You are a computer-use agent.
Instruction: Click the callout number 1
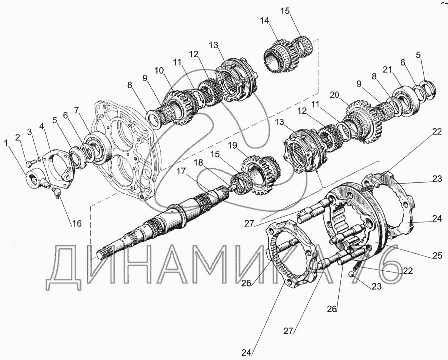click(x=7, y=143)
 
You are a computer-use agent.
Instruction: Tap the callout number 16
click(x=77, y=223)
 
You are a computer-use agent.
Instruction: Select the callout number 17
click(x=181, y=171)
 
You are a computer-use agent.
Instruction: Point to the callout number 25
click(x=437, y=256)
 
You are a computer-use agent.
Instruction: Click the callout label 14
click(x=265, y=21)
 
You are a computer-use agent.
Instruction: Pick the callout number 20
click(x=336, y=94)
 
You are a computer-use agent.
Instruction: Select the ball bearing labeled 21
click(x=405, y=101)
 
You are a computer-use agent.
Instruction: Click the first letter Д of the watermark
click(x=65, y=268)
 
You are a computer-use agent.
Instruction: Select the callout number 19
click(x=232, y=146)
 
